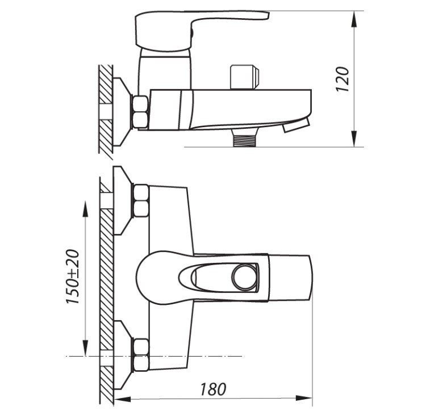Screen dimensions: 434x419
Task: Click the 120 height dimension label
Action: click(x=342, y=79)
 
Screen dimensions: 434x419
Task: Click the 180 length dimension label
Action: click(x=213, y=389)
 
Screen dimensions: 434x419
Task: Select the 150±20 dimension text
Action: click(x=73, y=277)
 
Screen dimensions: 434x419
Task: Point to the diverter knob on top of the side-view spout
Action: click(x=245, y=77)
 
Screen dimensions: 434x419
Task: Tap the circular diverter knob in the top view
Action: click(x=244, y=278)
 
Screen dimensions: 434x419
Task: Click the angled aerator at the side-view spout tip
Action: click(x=295, y=125)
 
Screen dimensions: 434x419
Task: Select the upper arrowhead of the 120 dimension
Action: click(x=354, y=19)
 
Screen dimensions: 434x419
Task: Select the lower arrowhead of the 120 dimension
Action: click(x=354, y=139)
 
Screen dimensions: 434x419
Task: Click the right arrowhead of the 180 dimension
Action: click(x=304, y=399)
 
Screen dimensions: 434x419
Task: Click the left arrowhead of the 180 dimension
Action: click(x=122, y=399)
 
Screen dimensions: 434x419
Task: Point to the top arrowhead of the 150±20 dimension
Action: click(x=85, y=209)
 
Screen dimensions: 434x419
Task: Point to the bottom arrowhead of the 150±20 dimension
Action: click(x=85, y=347)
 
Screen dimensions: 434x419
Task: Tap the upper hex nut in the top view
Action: click(x=141, y=201)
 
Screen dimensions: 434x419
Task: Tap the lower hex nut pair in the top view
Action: click(x=141, y=355)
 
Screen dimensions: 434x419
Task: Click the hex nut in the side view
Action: click(x=141, y=112)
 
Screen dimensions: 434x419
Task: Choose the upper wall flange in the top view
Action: click(x=122, y=200)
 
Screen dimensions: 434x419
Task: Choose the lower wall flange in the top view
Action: click(x=122, y=355)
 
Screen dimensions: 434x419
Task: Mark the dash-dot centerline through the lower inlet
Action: click(x=155, y=356)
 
